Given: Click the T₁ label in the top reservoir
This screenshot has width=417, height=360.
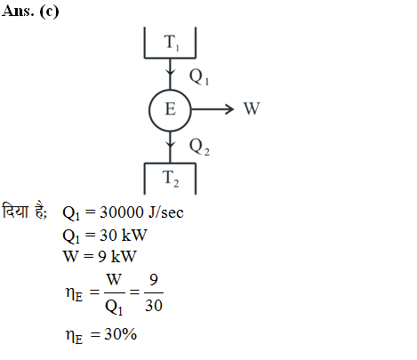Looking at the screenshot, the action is (172, 43).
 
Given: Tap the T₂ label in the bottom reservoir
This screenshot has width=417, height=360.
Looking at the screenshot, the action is (171, 179).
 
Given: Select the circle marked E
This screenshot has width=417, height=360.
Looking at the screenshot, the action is (170, 90).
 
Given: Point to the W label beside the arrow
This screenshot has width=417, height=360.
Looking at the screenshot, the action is (252, 108).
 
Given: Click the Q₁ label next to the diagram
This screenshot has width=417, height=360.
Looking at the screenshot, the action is (199, 76).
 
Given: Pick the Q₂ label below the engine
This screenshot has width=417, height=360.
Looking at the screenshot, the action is (199, 147).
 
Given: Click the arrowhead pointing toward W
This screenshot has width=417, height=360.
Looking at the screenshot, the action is (229, 109).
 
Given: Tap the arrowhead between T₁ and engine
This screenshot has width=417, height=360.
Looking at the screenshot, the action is (170, 72).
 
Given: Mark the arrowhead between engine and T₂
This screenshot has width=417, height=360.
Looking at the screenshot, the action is (170, 144).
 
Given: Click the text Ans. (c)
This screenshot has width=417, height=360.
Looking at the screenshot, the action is (30, 12).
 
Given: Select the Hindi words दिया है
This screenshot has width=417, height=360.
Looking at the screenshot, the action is (24, 211).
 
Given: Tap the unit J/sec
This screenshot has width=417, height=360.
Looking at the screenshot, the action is (166, 212).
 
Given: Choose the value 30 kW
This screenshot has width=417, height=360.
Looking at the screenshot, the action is (124, 236).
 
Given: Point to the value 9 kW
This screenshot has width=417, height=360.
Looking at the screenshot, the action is (117, 256).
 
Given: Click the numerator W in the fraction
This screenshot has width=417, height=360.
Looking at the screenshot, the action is (114, 279).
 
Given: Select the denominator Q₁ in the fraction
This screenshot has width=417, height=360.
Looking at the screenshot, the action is (114, 307).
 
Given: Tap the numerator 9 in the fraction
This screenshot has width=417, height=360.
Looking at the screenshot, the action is (154, 279).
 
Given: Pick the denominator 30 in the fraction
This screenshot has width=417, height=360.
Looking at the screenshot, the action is (154, 306).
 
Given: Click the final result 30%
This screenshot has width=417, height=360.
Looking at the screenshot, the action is (121, 334).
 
